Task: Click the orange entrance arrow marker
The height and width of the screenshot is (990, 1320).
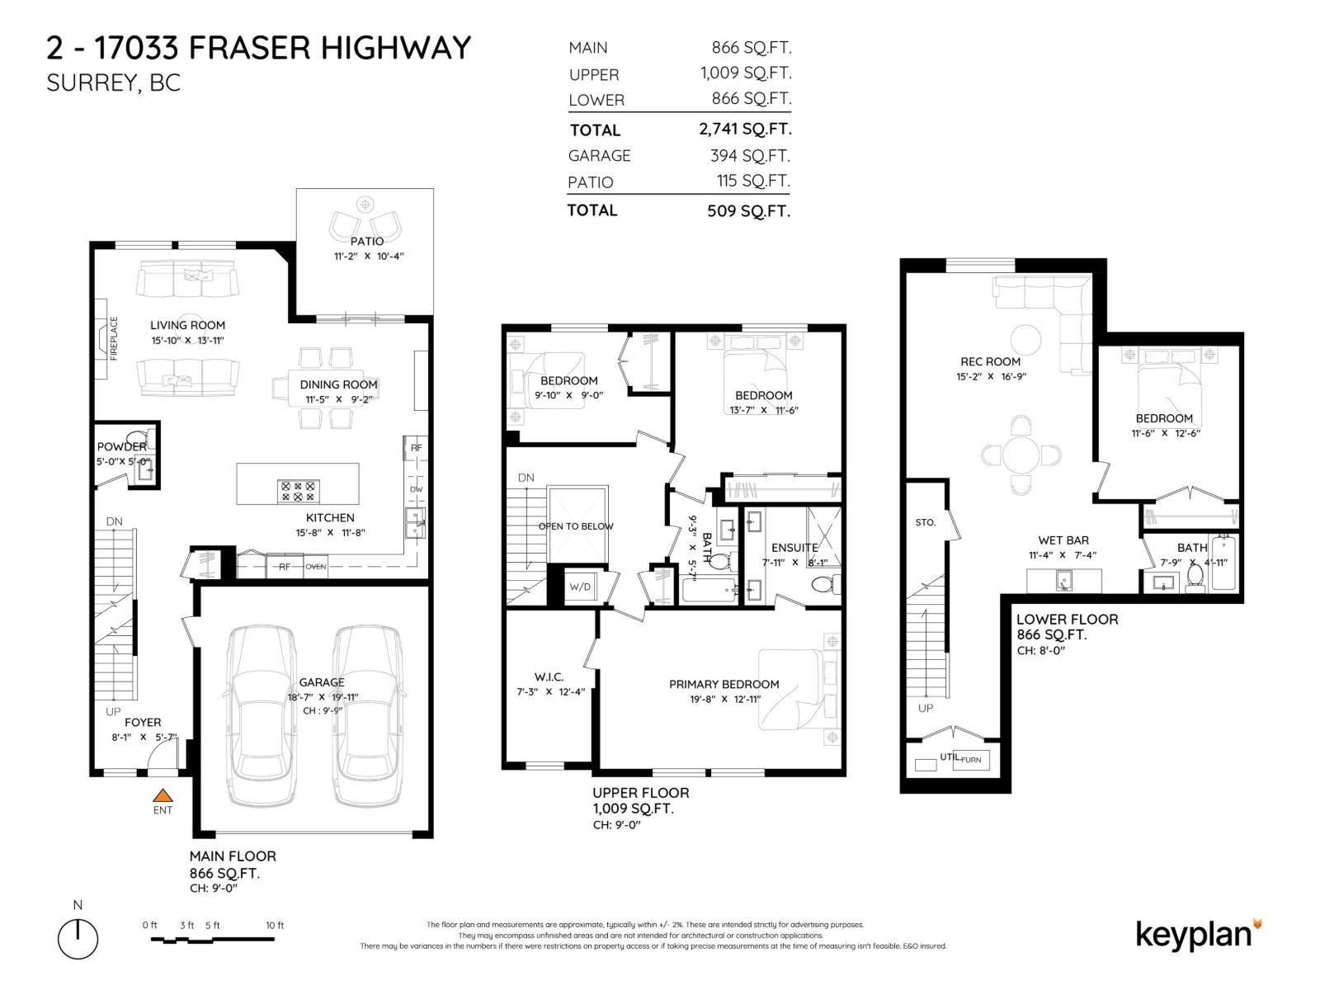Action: tap(163, 796)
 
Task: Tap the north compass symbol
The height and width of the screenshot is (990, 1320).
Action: tap(78, 938)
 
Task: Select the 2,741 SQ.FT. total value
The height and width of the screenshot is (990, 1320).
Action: tap(745, 129)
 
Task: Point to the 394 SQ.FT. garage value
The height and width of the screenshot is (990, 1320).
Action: tap(750, 155)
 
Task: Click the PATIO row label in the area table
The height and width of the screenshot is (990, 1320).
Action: tap(590, 182)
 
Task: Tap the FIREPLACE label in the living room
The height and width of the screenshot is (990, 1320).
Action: tap(115, 337)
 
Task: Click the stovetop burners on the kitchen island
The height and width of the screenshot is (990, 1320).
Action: tap(298, 492)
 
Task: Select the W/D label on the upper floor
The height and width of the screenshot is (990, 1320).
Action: tap(580, 587)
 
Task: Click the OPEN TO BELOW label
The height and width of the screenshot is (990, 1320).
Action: tap(576, 526)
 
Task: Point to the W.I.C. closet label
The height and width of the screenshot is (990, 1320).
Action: tap(549, 676)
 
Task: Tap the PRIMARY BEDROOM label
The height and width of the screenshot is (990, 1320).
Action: tap(724, 684)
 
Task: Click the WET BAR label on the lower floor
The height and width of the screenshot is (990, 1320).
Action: tap(1063, 540)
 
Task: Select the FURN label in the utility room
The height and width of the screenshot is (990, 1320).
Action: tap(971, 759)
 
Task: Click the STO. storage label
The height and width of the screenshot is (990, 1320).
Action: tap(925, 522)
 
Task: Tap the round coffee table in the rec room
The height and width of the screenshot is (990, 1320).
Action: tap(1026, 339)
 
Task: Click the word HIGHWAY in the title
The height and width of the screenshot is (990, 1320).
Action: tap(395, 48)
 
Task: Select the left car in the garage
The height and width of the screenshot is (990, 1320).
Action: tap(262, 714)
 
